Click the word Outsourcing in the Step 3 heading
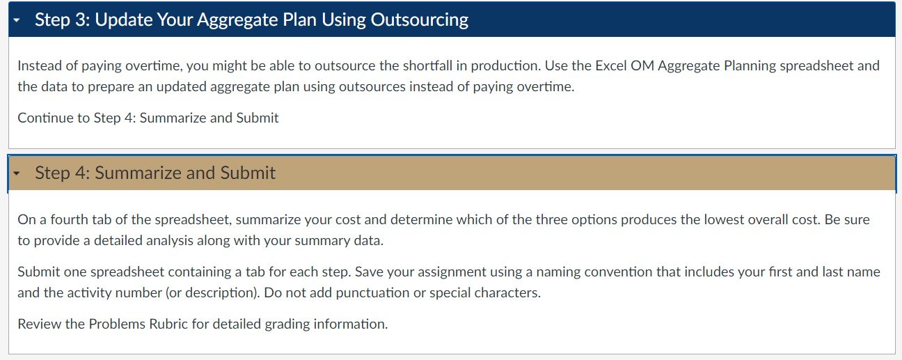point(420,19)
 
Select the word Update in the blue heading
point(122,19)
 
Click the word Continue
point(42,118)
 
